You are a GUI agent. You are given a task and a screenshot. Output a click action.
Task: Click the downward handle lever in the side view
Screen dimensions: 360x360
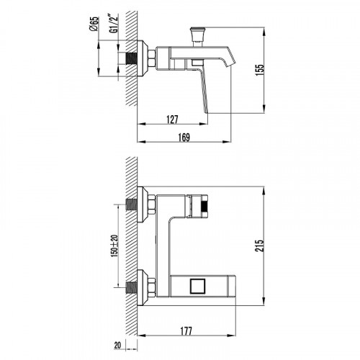207,90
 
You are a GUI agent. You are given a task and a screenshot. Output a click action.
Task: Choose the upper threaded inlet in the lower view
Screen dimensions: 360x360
132,207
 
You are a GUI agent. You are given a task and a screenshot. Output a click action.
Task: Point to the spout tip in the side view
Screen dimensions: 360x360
230,63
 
